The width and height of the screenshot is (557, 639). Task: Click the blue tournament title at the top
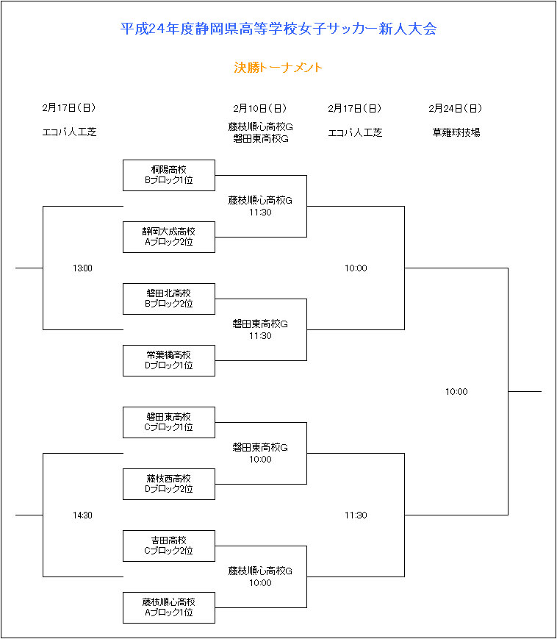(x=278, y=29)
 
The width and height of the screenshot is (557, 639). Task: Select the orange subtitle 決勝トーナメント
(x=278, y=67)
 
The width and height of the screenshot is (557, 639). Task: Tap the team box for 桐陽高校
(x=169, y=175)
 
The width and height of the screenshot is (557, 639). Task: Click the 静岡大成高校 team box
(x=169, y=238)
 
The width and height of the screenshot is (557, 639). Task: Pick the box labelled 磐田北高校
(x=169, y=299)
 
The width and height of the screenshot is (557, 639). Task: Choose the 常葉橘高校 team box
(x=169, y=360)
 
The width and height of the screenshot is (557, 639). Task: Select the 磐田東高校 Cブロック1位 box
(x=169, y=422)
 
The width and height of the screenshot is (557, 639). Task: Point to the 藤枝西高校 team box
(x=169, y=484)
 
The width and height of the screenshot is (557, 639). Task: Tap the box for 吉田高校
(x=169, y=546)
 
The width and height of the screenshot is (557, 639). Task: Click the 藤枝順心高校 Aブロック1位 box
(x=169, y=607)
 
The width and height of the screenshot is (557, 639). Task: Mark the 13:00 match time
(x=82, y=268)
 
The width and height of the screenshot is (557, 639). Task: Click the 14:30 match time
(x=82, y=515)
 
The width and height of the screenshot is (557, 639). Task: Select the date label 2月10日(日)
(x=260, y=108)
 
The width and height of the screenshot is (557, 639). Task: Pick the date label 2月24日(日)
(x=456, y=108)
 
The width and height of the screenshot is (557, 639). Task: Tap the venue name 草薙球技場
(x=456, y=132)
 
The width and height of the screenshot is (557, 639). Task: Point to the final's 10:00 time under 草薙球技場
(x=456, y=392)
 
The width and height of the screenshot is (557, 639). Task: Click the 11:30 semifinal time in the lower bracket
(x=356, y=515)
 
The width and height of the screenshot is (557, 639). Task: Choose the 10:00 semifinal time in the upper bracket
(x=356, y=268)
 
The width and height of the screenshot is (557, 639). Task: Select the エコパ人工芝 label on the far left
(x=70, y=132)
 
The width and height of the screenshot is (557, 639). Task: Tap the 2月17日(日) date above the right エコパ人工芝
(x=355, y=108)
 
